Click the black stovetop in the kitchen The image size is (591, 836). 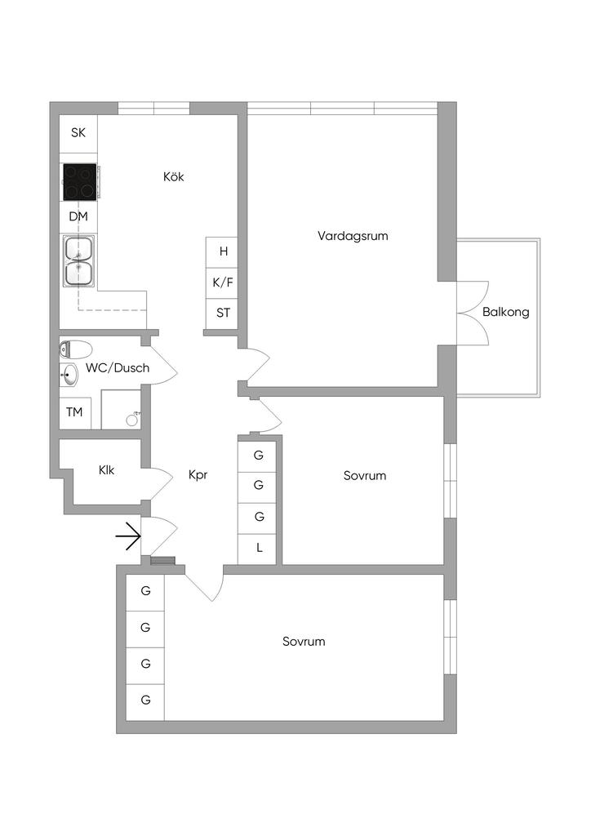(x=80, y=183)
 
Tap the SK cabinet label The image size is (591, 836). (x=78, y=132)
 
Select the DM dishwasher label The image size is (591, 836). (x=78, y=216)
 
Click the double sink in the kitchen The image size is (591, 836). (x=79, y=260)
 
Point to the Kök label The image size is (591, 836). (x=173, y=176)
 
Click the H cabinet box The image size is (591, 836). (x=222, y=252)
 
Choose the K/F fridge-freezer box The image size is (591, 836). (x=222, y=282)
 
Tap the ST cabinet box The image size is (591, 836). (x=222, y=313)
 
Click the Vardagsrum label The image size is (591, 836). (x=353, y=236)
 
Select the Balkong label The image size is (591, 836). (x=505, y=312)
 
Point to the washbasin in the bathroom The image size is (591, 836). (x=69, y=376)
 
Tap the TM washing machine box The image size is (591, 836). (x=74, y=412)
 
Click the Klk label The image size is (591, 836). (x=107, y=470)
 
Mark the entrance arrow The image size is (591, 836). (x=128, y=536)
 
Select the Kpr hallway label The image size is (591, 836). (x=198, y=474)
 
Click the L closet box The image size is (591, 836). (x=260, y=548)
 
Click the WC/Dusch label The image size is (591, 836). (x=118, y=368)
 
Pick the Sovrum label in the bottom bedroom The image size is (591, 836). (x=304, y=642)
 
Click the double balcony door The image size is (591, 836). (x=472, y=313)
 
